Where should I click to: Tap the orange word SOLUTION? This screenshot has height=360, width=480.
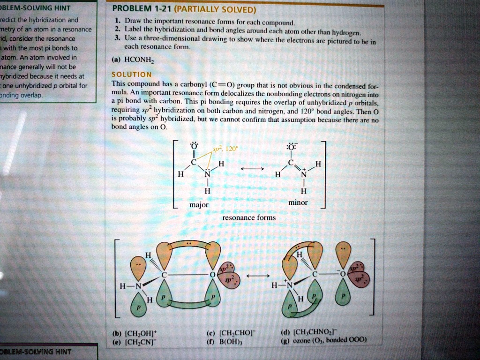pyautogui.click(x=131, y=75)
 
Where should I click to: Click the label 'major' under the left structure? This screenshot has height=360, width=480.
pyautogui.click(x=199, y=205)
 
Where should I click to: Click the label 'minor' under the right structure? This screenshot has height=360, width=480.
pyautogui.click(x=298, y=202)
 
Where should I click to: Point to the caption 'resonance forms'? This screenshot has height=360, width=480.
pyautogui.click(x=249, y=217)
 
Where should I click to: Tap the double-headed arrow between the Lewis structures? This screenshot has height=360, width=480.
pyautogui.click(x=252, y=168)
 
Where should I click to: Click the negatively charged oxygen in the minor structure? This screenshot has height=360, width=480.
pyautogui.click(x=291, y=146)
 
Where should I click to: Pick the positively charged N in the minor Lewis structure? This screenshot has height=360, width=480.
pyautogui.click(x=303, y=174)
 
